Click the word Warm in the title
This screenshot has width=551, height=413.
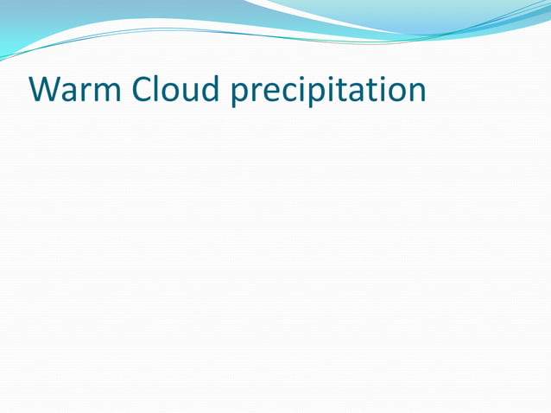tap(75, 90)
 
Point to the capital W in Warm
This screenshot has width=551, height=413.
tap(45, 90)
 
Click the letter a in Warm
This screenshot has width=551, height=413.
tap(73, 93)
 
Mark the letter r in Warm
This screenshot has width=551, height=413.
tap(88, 93)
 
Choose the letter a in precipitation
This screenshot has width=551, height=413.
tap(356, 93)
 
